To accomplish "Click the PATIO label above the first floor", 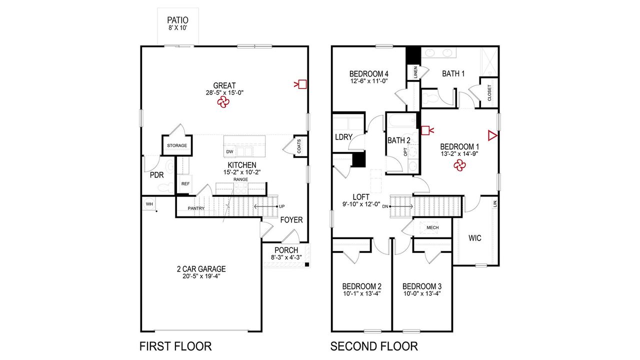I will [x=177, y=20].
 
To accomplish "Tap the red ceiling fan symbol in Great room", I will [x=223, y=102].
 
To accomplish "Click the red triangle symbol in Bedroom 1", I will [x=492, y=135].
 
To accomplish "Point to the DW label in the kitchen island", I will [x=229, y=151].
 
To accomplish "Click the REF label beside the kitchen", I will [x=185, y=184].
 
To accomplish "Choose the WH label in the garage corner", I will [x=149, y=204].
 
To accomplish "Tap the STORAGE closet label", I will [x=177, y=145].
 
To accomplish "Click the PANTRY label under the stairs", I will [x=196, y=208].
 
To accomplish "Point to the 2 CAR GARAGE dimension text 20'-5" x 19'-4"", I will [x=201, y=276].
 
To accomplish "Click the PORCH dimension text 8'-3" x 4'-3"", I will [x=286, y=257].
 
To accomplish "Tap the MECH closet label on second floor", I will [x=432, y=227].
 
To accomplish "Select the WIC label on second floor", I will [x=475, y=238].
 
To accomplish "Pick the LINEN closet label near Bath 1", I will [x=415, y=72].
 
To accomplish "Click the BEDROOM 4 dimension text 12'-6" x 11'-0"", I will [x=369, y=80].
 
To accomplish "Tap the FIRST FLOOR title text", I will [x=175, y=346].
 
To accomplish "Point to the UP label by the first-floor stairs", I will [x=282, y=206].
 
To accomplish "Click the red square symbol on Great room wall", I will [x=302, y=84].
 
